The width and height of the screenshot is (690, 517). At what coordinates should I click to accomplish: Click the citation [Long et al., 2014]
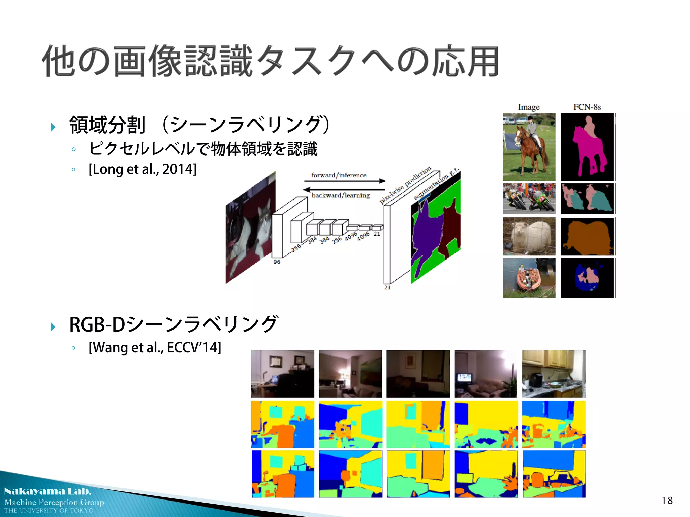click(x=142, y=169)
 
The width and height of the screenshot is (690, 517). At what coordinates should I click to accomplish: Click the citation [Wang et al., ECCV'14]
click(x=155, y=347)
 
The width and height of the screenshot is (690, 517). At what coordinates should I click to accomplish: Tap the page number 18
click(x=667, y=501)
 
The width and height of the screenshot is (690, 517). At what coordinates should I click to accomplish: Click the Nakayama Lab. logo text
click(x=48, y=491)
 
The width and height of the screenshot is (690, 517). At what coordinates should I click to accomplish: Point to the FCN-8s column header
click(x=587, y=107)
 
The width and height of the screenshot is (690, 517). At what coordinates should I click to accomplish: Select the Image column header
click(x=529, y=107)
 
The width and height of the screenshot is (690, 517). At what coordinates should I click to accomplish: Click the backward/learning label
click(x=340, y=195)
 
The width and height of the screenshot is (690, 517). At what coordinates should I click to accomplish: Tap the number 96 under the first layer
click(x=277, y=262)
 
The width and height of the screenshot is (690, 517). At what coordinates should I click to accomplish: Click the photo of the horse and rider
click(x=529, y=147)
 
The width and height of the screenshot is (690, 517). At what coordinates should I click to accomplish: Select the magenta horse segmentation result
click(x=588, y=148)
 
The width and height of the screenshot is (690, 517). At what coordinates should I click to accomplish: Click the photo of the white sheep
click(x=529, y=236)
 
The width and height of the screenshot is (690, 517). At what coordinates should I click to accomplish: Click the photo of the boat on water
click(x=529, y=278)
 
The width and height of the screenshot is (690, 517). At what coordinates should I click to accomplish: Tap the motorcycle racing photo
click(x=529, y=199)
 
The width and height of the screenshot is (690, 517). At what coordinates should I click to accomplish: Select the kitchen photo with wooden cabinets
click(x=554, y=374)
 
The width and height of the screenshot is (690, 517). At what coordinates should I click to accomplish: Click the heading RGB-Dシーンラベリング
click(x=174, y=324)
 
